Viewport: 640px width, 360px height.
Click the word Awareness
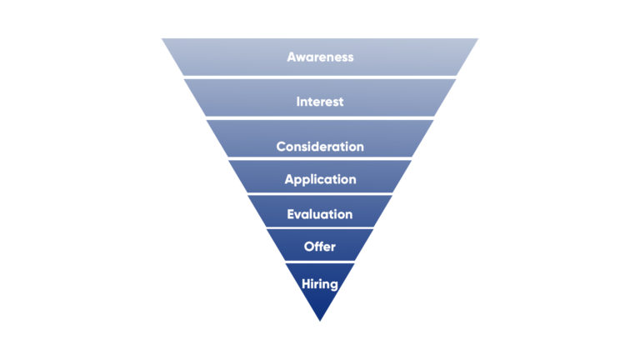point(320,57)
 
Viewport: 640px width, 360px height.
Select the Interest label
point(320,102)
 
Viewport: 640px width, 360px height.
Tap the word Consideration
point(320,147)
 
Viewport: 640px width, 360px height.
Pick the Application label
point(320,179)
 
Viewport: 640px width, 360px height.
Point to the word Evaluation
point(320,214)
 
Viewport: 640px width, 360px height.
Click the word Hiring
point(320,283)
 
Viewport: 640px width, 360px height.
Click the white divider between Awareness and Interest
point(320,77)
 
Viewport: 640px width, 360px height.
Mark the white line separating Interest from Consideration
point(320,117)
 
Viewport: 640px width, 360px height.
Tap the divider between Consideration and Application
point(320,158)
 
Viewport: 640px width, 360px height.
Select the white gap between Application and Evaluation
point(320,194)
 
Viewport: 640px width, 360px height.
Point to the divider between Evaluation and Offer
point(320,227)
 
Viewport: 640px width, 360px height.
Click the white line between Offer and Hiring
point(320,262)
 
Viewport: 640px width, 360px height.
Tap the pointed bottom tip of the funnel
point(320,319)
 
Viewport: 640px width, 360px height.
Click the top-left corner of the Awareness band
point(163,39)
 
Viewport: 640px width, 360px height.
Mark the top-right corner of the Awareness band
point(477,39)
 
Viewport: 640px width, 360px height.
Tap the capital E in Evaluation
point(291,214)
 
